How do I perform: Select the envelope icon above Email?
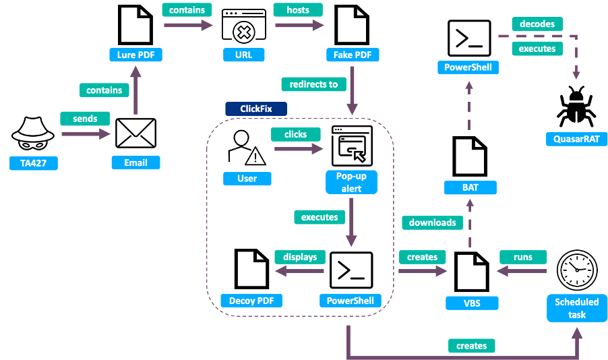click(135, 133)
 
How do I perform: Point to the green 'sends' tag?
click(84, 119)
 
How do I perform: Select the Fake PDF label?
click(352, 54)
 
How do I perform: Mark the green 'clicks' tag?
click(295, 134)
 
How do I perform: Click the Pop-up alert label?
click(352, 182)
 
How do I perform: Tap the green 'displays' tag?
click(300, 257)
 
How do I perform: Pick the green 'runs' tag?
click(522, 257)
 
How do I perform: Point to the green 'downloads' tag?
click(432, 222)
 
